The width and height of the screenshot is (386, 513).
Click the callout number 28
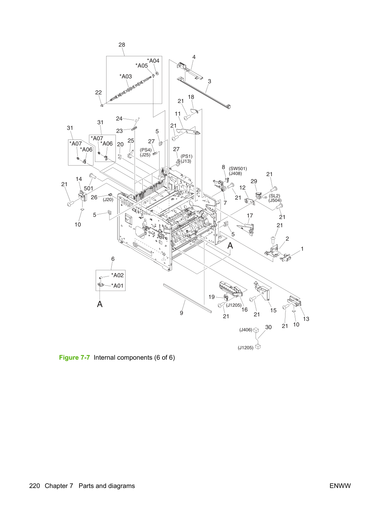[122, 45]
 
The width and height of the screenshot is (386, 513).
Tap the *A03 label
[126, 76]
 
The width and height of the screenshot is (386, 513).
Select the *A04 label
[153, 61]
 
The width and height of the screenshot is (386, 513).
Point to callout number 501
[89, 188]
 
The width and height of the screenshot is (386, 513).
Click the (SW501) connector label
[238, 169]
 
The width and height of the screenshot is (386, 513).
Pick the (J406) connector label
[246, 330]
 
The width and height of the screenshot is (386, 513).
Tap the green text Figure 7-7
[74, 357]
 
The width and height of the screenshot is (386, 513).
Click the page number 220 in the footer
[34, 486]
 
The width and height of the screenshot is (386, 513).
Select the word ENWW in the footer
[340, 486]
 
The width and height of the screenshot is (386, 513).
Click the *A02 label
[117, 275]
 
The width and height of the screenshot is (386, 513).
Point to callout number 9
[181, 313]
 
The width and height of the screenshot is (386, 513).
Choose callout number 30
[268, 327]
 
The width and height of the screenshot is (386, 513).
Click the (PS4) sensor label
[146, 150]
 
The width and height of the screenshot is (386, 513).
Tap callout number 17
[250, 216]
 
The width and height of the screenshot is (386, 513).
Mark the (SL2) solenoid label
[274, 196]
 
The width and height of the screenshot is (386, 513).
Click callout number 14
[79, 179]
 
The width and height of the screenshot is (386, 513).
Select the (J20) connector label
[108, 200]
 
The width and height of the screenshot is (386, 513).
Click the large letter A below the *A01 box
[100, 304]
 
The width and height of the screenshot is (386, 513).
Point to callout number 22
[98, 93]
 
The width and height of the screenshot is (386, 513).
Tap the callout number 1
[302, 249]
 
